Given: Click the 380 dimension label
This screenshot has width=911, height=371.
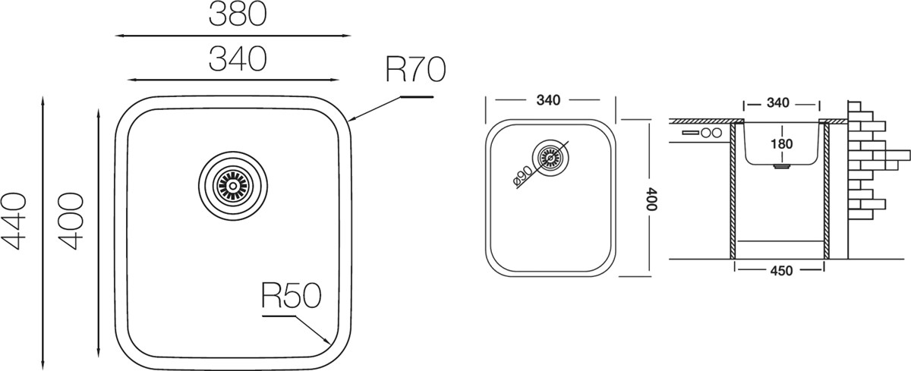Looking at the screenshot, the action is pos(238,14).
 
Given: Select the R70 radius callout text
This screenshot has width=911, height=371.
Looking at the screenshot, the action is pos(415,70).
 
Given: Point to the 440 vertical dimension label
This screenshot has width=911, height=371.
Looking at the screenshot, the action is pos(14,222).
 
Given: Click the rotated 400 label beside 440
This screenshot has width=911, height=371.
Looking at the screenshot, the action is pos(71,222).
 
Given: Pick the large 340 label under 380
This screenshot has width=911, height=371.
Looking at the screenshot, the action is pos(238,58).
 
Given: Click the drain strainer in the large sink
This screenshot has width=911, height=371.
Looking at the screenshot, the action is pos(233,186).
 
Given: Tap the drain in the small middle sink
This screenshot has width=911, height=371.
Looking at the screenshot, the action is pos(550,158).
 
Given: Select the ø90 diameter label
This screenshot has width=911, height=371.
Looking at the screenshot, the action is pos(522,177).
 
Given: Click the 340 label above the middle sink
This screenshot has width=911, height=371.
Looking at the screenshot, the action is pos(548,100).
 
